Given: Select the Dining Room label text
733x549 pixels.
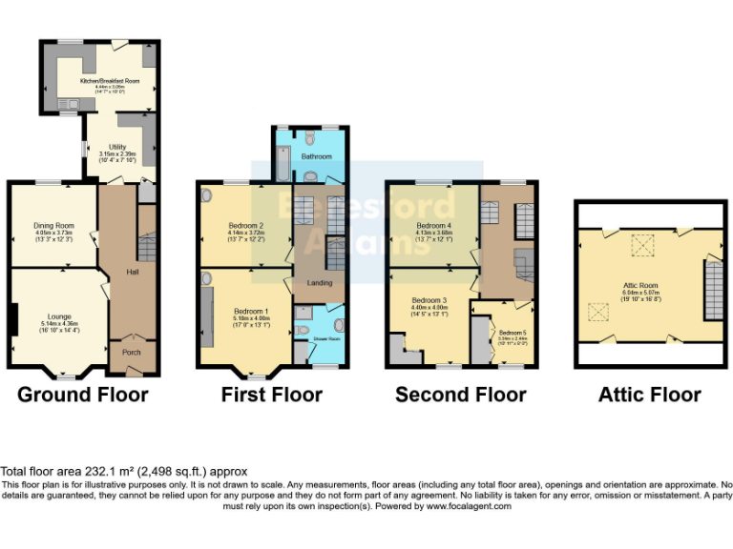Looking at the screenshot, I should click(53, 225).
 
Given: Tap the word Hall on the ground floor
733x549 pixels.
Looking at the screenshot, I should click(133, 273).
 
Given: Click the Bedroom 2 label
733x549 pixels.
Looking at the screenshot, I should click(245, 225).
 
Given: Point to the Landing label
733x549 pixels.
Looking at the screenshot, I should click(319, 282).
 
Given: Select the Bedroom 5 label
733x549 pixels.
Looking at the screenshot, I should click(512, 333).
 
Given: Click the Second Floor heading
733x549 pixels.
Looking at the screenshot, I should click(460, 395).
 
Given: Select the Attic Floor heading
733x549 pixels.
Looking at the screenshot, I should click(649, 395).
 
